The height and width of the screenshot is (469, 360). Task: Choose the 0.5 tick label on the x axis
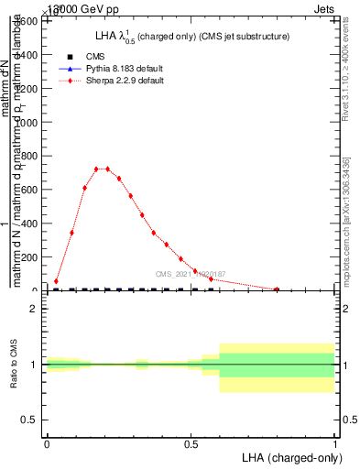(191, 443)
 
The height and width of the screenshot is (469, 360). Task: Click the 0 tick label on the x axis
(47, 443)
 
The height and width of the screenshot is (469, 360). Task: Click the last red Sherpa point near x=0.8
(277, 289)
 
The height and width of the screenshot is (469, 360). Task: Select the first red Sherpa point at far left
(57, 281)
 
